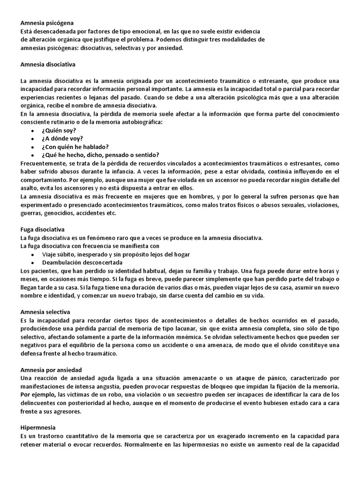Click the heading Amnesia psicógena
(x=47, y=22)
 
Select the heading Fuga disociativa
(x=43, y=229)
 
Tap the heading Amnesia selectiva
(x=45, y=311)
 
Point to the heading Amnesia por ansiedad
(x=51, y=369)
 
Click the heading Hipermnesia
(x=38, y=428)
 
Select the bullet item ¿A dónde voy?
(x=62, y=138)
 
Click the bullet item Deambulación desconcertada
(x=82, y=262)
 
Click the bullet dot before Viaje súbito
(x=32, y=255)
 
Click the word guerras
(x=31, y=213)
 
